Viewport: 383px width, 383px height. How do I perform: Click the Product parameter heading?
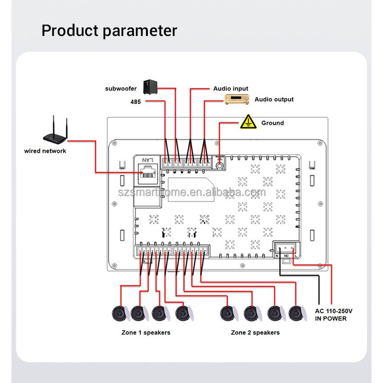pyautogui.click(x=109, y=30)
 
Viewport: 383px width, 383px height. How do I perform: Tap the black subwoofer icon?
pyautogui.click(x=150, y=87)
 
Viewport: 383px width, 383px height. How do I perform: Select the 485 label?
pyautogui.click(x=135, y=101)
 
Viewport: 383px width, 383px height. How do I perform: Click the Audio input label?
pyautogui.click(x=231, y=89)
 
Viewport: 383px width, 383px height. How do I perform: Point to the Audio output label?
pyautogui.click(x=274, y=100)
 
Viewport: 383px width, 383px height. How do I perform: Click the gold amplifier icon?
pyautogui.click(x=237, y=100)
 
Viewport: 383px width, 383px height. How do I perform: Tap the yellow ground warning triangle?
pyautogui.click(x=248, y=122)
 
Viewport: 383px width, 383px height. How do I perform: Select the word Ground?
pyautogui.click(x=272, y=123)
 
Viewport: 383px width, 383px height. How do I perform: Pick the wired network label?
pyautogui.click(x=45, y=151)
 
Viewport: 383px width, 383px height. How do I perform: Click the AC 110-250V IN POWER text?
pyautogui.click(x=334, y=315)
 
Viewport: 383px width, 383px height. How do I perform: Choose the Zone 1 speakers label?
pyautogui.click(x=146, y=332)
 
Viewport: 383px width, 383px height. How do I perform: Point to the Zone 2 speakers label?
pyautogui.click(x=255, y=332)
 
